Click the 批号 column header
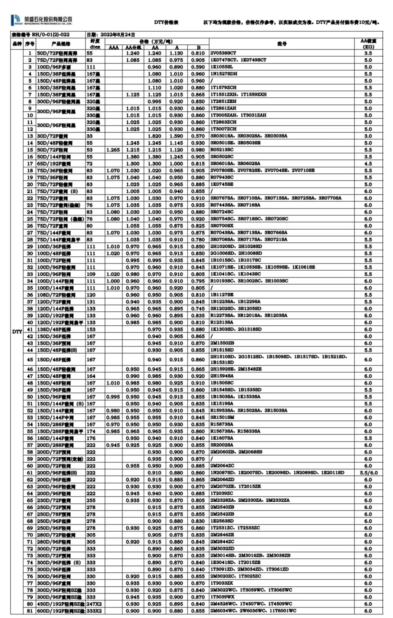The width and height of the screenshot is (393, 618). coord(282,44)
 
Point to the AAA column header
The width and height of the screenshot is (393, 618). coord(113,47)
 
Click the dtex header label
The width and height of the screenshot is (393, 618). coord(95,47)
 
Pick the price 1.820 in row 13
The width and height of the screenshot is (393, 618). coord(155,136)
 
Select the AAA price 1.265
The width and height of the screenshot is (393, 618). coord(113,150)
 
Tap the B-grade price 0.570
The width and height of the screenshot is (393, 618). coord(198,136)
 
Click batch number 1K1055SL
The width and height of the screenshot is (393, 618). coord(221,67)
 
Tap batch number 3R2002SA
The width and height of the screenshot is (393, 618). coord(221,445)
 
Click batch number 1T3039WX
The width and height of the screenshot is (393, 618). coord(222,597)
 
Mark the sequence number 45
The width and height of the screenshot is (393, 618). coord(30,360)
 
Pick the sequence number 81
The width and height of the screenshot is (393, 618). coord(30,611)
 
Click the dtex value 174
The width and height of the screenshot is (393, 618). coord(91,431)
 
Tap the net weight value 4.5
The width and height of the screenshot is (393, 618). coord(368,164)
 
